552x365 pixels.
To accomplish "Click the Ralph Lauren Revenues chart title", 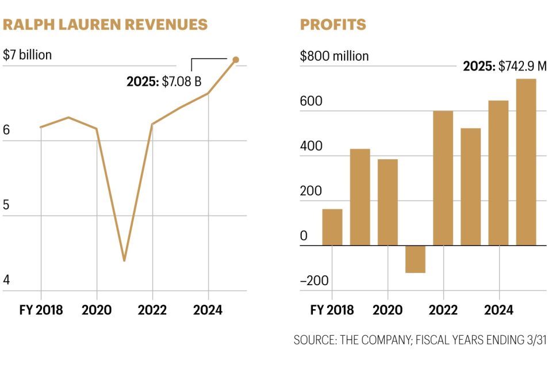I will [x=105, y=25].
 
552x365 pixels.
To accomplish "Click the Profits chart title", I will [x=333, y=25].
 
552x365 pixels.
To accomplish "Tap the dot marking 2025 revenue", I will [x=235, y=60].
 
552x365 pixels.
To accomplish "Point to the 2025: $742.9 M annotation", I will [x=504, y=67].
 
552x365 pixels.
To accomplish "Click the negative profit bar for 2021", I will [x=415, y=259].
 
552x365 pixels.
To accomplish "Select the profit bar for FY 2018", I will [x=332, y=227].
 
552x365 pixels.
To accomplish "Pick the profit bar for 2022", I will [x=443, y=178].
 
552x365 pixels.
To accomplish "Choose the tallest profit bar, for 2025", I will [x=526, y=162].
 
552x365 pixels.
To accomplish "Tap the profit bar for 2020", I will [x=388, y=202].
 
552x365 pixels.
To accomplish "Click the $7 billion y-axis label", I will [x=27, y=55].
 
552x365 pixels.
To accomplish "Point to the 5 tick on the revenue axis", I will [x=7, y=206].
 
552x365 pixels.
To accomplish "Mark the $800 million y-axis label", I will [x=334, y=56].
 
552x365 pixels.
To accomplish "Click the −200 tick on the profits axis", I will [x=314, y=281].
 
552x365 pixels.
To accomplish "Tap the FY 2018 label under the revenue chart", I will [x=41, y=310].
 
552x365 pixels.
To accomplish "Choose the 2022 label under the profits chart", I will [x=443, y=310].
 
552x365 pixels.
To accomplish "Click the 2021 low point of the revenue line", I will [x=124, y=261].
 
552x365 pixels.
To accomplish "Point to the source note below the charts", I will [x=420, y=340].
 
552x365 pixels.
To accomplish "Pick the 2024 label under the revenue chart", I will [x=208, y=310].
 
